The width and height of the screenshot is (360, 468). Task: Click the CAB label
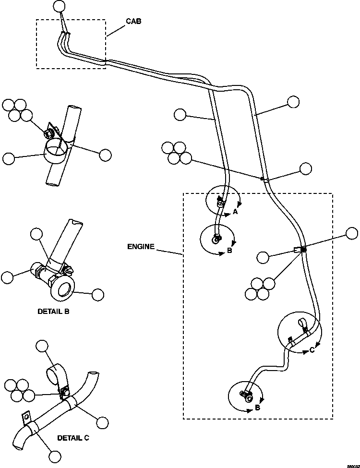tap(133, 22)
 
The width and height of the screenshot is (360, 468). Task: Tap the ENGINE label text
tap(141, 247)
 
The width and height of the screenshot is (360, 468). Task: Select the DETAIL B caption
tap(53, 311)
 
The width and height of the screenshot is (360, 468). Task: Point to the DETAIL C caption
tap(73, 438)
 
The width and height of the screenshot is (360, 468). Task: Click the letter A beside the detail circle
tap(235, 211)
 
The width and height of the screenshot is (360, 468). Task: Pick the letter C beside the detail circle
tap(312, 350)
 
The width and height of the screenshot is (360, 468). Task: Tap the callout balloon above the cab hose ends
tap(59, 6)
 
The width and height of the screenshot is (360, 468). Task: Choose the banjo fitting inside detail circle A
tap(220, 203)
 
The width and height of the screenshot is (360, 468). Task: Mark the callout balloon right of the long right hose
tap(293, 102)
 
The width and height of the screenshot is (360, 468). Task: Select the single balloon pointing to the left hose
tap(180, 114)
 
